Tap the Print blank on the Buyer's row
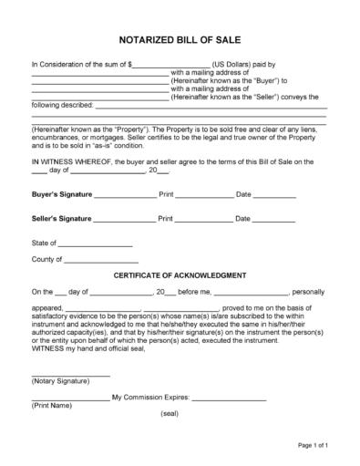coord(204,196)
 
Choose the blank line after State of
coord(97,245)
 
